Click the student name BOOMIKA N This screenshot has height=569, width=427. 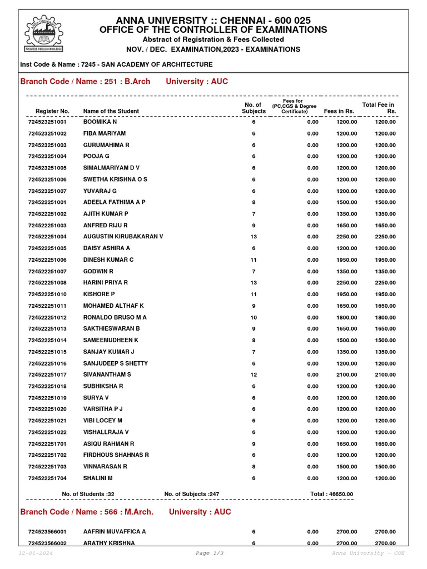100,122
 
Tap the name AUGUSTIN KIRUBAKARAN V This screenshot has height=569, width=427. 123,237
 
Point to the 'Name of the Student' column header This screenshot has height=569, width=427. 111,111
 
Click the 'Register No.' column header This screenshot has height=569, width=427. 52,111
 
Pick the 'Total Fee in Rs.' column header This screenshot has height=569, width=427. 379,108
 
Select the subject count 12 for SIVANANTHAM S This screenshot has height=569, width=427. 254,375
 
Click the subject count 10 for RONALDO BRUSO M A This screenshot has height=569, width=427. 254,317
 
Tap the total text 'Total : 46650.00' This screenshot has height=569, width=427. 331,494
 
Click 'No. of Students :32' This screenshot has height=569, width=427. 88,494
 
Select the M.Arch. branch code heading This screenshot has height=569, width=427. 87,512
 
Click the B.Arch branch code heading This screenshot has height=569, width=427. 85,82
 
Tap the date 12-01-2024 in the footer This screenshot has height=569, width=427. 36,553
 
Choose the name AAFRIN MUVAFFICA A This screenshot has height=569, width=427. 115,532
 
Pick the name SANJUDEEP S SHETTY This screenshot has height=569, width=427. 115,363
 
